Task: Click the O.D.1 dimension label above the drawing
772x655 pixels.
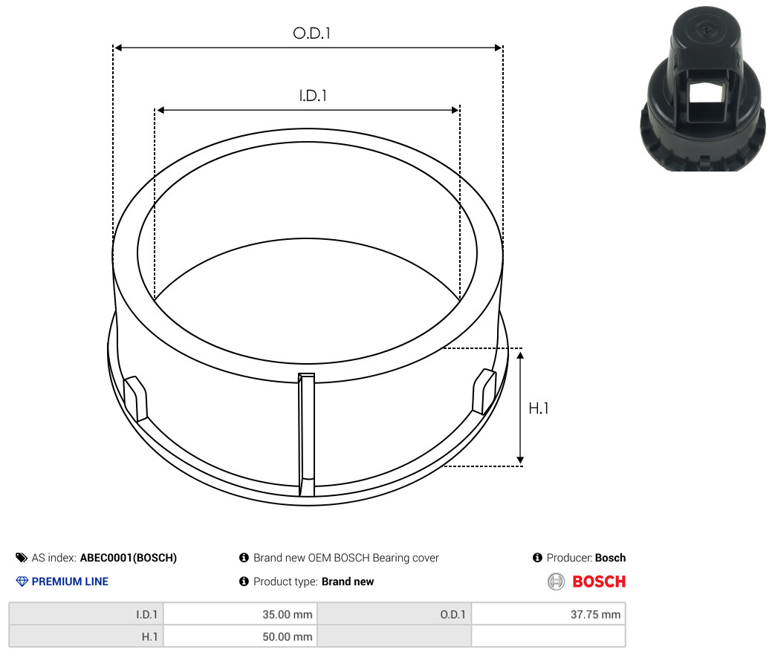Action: point(311,33)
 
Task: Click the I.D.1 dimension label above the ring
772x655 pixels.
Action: point(313,96)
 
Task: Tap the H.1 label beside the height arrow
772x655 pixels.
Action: point(538,408)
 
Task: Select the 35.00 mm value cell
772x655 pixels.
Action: point(240,614)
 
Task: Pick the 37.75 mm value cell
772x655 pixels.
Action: point(548,614)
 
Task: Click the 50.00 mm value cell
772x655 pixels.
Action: point(240,636)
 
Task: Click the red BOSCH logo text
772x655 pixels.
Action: point(599,581)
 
